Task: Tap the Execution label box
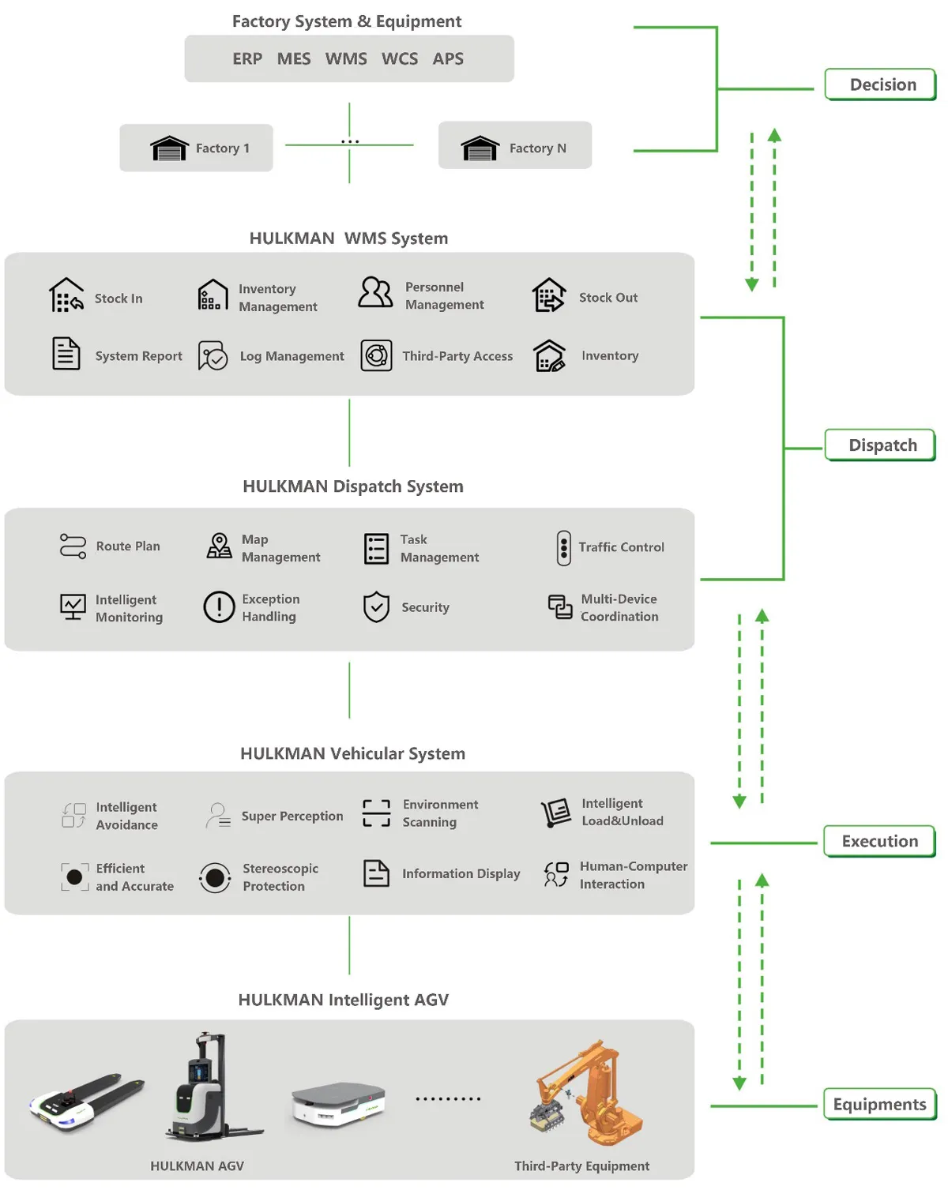(879, 841)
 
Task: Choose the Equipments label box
(879, 1104)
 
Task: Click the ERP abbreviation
(247, 59)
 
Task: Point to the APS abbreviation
(448, 59)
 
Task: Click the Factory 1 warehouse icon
(169, 148)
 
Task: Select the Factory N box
(515, 146)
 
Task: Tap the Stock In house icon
(66, 295)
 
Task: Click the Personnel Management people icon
(375, 293)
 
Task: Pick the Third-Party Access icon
(377, 356)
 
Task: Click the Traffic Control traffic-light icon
(563, 548)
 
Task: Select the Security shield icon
(376, 607)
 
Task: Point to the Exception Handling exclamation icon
(219, 607)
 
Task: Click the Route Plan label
(128, 546)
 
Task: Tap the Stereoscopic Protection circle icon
(215, 877)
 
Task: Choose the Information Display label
(461, 874)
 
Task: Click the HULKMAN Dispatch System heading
(352, 486)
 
